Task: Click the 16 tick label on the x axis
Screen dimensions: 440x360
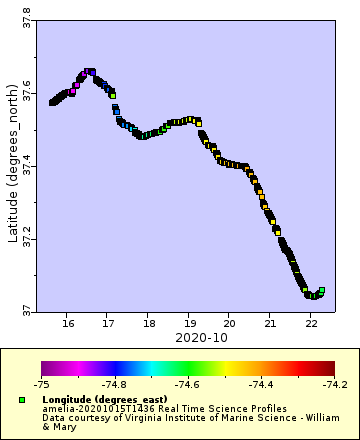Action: (x=68, y=323)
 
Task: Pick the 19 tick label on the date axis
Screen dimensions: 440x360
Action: (x=189, y=323)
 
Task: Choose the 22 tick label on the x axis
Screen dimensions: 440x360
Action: (x=311, y=323)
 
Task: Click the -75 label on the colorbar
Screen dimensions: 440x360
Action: (x=42, y=383)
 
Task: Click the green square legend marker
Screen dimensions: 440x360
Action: (x=21, y=399)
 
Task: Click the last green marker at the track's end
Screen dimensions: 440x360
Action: (x=321, y=290)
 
